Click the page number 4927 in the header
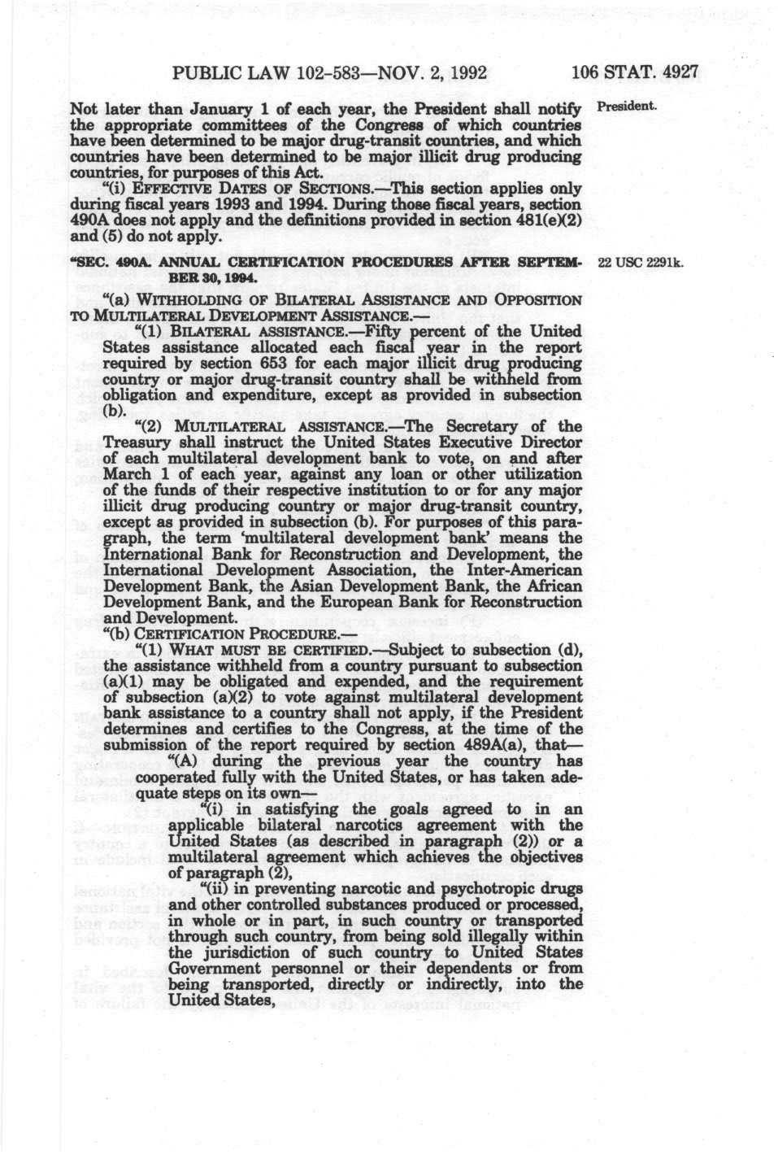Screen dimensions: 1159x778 click(680, 72)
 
